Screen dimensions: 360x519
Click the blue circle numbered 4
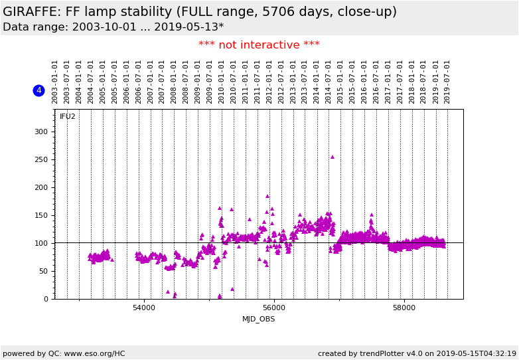tap(38, 90)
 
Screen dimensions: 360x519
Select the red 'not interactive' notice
tap(259, 45)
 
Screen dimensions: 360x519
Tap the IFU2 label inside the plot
tap(68, 117)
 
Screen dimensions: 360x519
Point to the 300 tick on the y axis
tap(40, 132)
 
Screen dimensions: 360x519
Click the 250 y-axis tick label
tap(40, 159)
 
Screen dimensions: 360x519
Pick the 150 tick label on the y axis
tap(40, 215)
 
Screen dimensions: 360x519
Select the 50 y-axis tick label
tap(42, 271)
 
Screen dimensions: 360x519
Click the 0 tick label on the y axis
tap(45, 299)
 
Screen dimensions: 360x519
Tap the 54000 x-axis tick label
tap(144, 308)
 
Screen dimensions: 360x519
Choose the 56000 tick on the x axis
tap(274, 308)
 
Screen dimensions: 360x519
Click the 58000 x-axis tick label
tap(404, 308)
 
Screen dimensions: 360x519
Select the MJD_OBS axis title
tap(258, 319)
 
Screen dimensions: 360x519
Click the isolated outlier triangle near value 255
tap(333, 157)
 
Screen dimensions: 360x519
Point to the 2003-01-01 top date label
tap(55, 82)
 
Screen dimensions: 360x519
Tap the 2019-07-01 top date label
tap(447, 82)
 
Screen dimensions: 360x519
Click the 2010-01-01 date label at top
tap(222, 82)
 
